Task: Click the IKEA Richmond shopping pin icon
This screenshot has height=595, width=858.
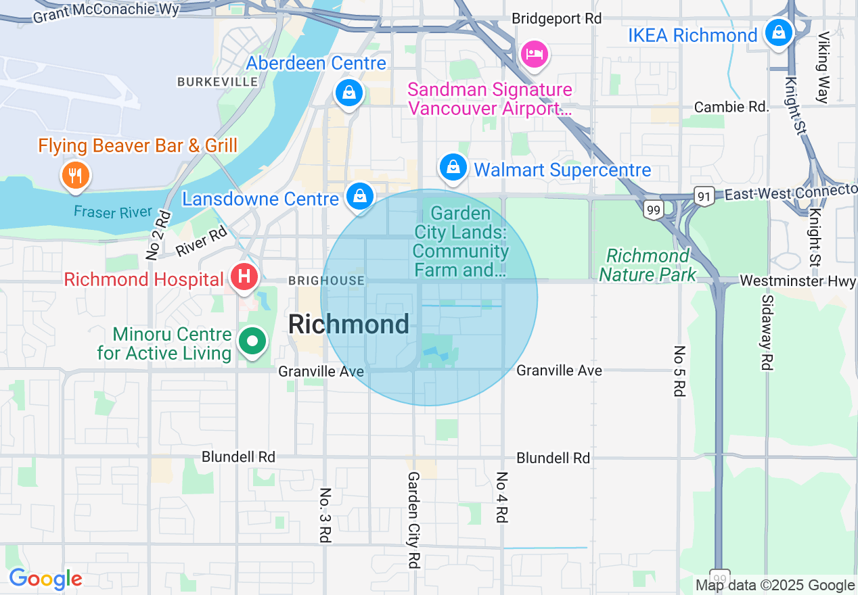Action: tap(779, 32)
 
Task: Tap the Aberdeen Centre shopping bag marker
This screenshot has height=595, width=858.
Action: tap(349, 92)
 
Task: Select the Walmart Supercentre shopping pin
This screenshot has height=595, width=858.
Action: tap(453, 166)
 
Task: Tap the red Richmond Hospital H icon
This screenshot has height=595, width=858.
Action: tap(244, 277)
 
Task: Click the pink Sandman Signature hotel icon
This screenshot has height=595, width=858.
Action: tap(535, 53)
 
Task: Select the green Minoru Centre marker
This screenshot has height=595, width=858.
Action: tap(253, 342)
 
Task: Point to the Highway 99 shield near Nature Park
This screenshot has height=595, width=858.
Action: tap(653, 210)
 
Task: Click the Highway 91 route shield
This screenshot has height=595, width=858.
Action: tap(703, 196)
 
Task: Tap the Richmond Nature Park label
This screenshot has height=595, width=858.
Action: tap(648, 265)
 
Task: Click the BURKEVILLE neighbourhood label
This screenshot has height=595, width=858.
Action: tap(217, 82)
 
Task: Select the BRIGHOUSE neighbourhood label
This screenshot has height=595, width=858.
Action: tap(326, 281)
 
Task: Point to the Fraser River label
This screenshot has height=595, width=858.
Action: tap(113, 212)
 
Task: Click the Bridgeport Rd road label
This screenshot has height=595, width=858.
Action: tap(556, 19)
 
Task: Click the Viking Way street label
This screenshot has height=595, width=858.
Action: tap(823, 68)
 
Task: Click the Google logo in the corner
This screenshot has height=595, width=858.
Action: tap(45, 579)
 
